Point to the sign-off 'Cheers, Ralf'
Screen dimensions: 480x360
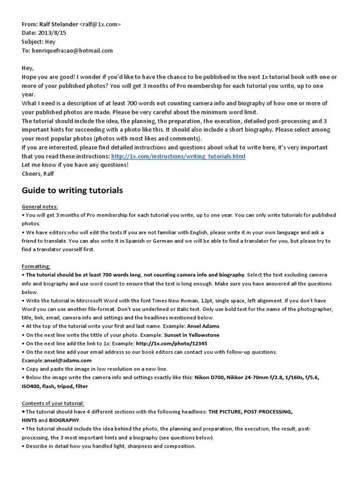[x=38, y=174]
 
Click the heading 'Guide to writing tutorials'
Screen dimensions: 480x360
[x=72, y=190]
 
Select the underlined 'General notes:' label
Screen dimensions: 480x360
[x=40, y=206]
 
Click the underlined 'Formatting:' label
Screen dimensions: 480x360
[x=36, y=266]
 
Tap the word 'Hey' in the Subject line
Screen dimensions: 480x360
[x=50, y=42]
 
